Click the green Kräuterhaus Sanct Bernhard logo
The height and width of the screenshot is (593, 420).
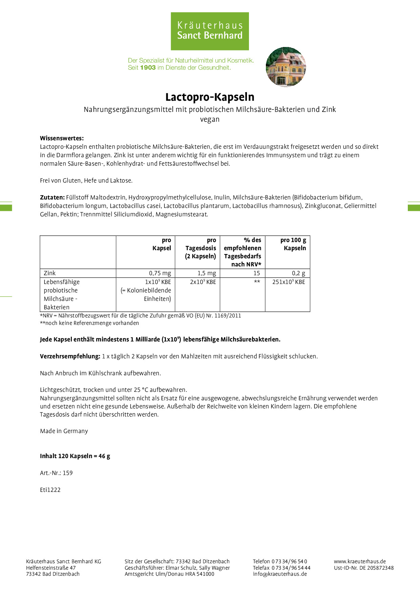coord(210,31)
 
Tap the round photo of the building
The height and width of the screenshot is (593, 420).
coord(286,67)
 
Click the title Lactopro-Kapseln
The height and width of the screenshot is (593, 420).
coord(210,97)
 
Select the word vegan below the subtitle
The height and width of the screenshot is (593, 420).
coord(210,119)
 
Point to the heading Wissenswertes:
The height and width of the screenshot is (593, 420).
coord(62,138)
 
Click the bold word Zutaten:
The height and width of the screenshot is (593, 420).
coord(52,197)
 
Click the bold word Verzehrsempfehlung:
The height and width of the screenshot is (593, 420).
coord(70,356)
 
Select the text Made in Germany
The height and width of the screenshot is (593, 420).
coord(64,431)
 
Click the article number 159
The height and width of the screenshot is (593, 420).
coord(68,473)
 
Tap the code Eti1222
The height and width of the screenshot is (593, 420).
coord(50,490)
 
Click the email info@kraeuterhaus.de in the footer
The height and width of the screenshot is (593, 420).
coord(280,574)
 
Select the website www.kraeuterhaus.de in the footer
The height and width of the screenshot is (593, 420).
coord(360,561)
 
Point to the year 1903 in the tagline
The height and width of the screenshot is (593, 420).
coord(148,68)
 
